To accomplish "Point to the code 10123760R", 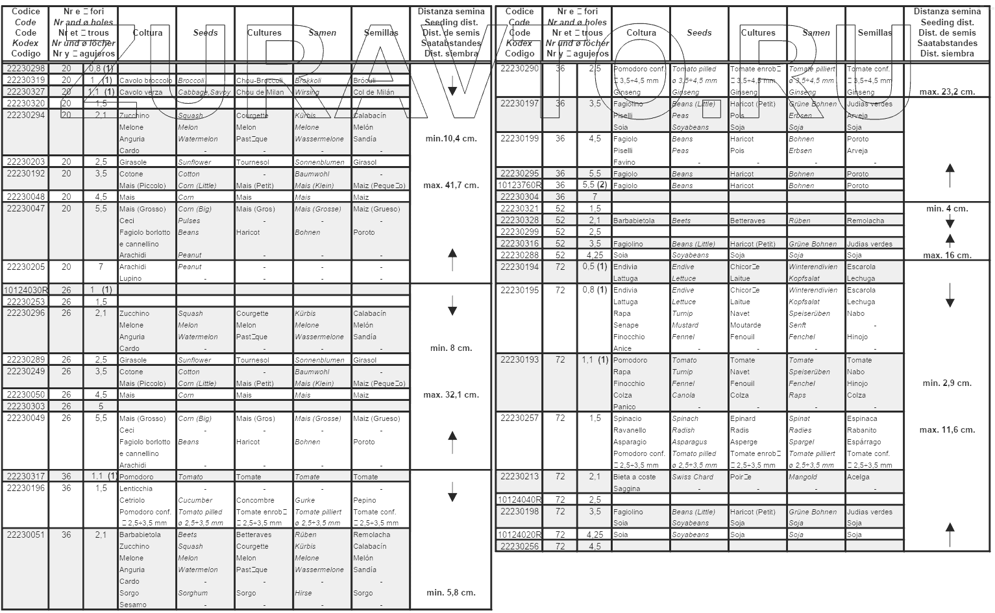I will click(520, 186).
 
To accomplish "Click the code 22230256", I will click(520, 547).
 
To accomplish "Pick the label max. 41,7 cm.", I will click(451, 186).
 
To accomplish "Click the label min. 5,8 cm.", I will click(451, 593).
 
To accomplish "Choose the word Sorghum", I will click(193, 593).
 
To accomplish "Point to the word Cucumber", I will click(195, 501).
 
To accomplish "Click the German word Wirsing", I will click(307, 92).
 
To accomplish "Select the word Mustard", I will click(685, 326).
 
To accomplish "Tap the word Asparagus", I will click(689, 442).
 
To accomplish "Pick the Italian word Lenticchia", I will click(136, 489).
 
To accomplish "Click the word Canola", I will click(683, 396).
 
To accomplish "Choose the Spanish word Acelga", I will click(858, 477).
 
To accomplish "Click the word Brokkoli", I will click(308, 81).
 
